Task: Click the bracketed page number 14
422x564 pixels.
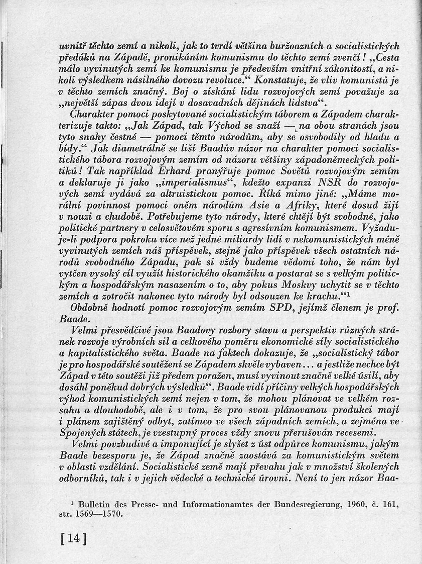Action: (x=72, y=539)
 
